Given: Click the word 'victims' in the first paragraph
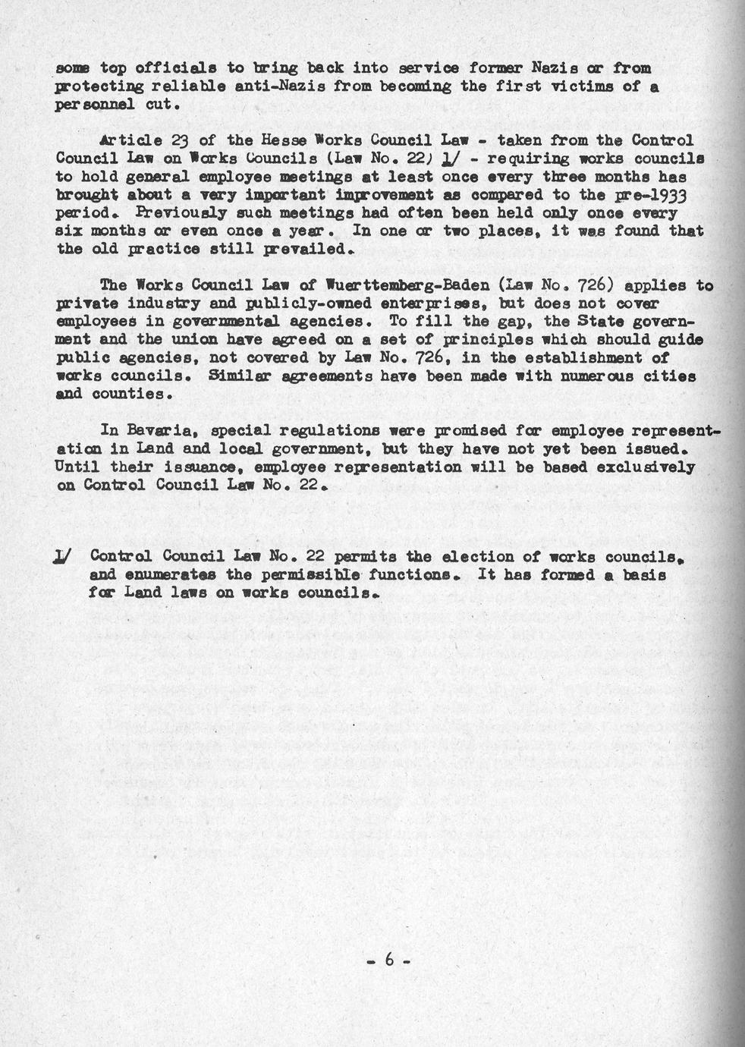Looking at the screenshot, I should (581, 86).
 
